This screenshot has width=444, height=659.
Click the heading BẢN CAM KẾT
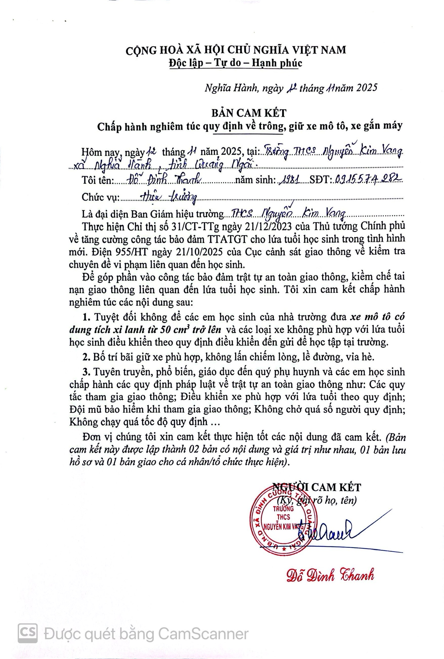tap(248, 113)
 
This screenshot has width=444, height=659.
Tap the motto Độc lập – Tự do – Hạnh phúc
tap(236, 63)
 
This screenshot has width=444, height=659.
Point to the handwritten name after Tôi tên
tap(164, 180)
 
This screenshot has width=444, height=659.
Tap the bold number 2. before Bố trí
tap(86, 357)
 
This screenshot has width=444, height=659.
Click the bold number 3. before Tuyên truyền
tap(86, 372)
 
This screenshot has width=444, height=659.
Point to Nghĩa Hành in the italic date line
tap(230, 88)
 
